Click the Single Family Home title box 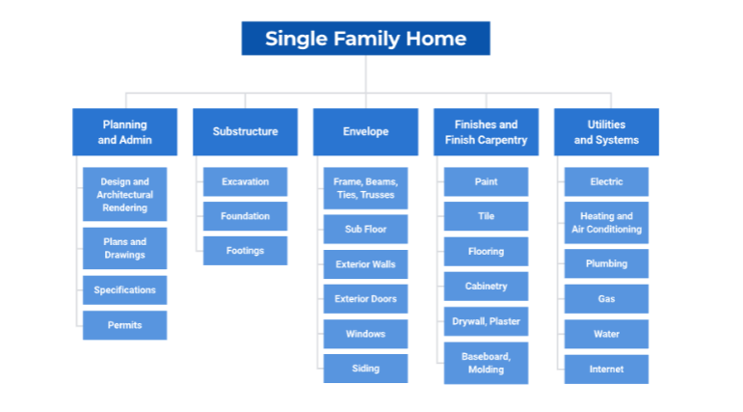[x=365, y=39]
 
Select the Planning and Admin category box [x=124, y=132]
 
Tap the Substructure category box [x=245, y=132]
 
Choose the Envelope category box [x=365, y=132]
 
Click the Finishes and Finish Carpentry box [x=486, y=132]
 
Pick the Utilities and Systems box [x=606, y=132]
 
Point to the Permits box [x=124, y=325]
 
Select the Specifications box [x=124, y=290]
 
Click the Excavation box [x=245, y=181]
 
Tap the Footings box [x=245, y=251]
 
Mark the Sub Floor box [x=365, y=230]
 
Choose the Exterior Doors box [x=365, y=299]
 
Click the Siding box [x=365, y=369]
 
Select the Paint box [x=486, y=181]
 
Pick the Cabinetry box [x=486, y=286]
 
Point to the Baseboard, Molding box [x=486, y=363]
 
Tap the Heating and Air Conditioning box [x=606, y=223]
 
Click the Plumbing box [x=606, y=263]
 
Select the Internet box [x=606, y=369]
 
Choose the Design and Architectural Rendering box [x=124, y=195]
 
